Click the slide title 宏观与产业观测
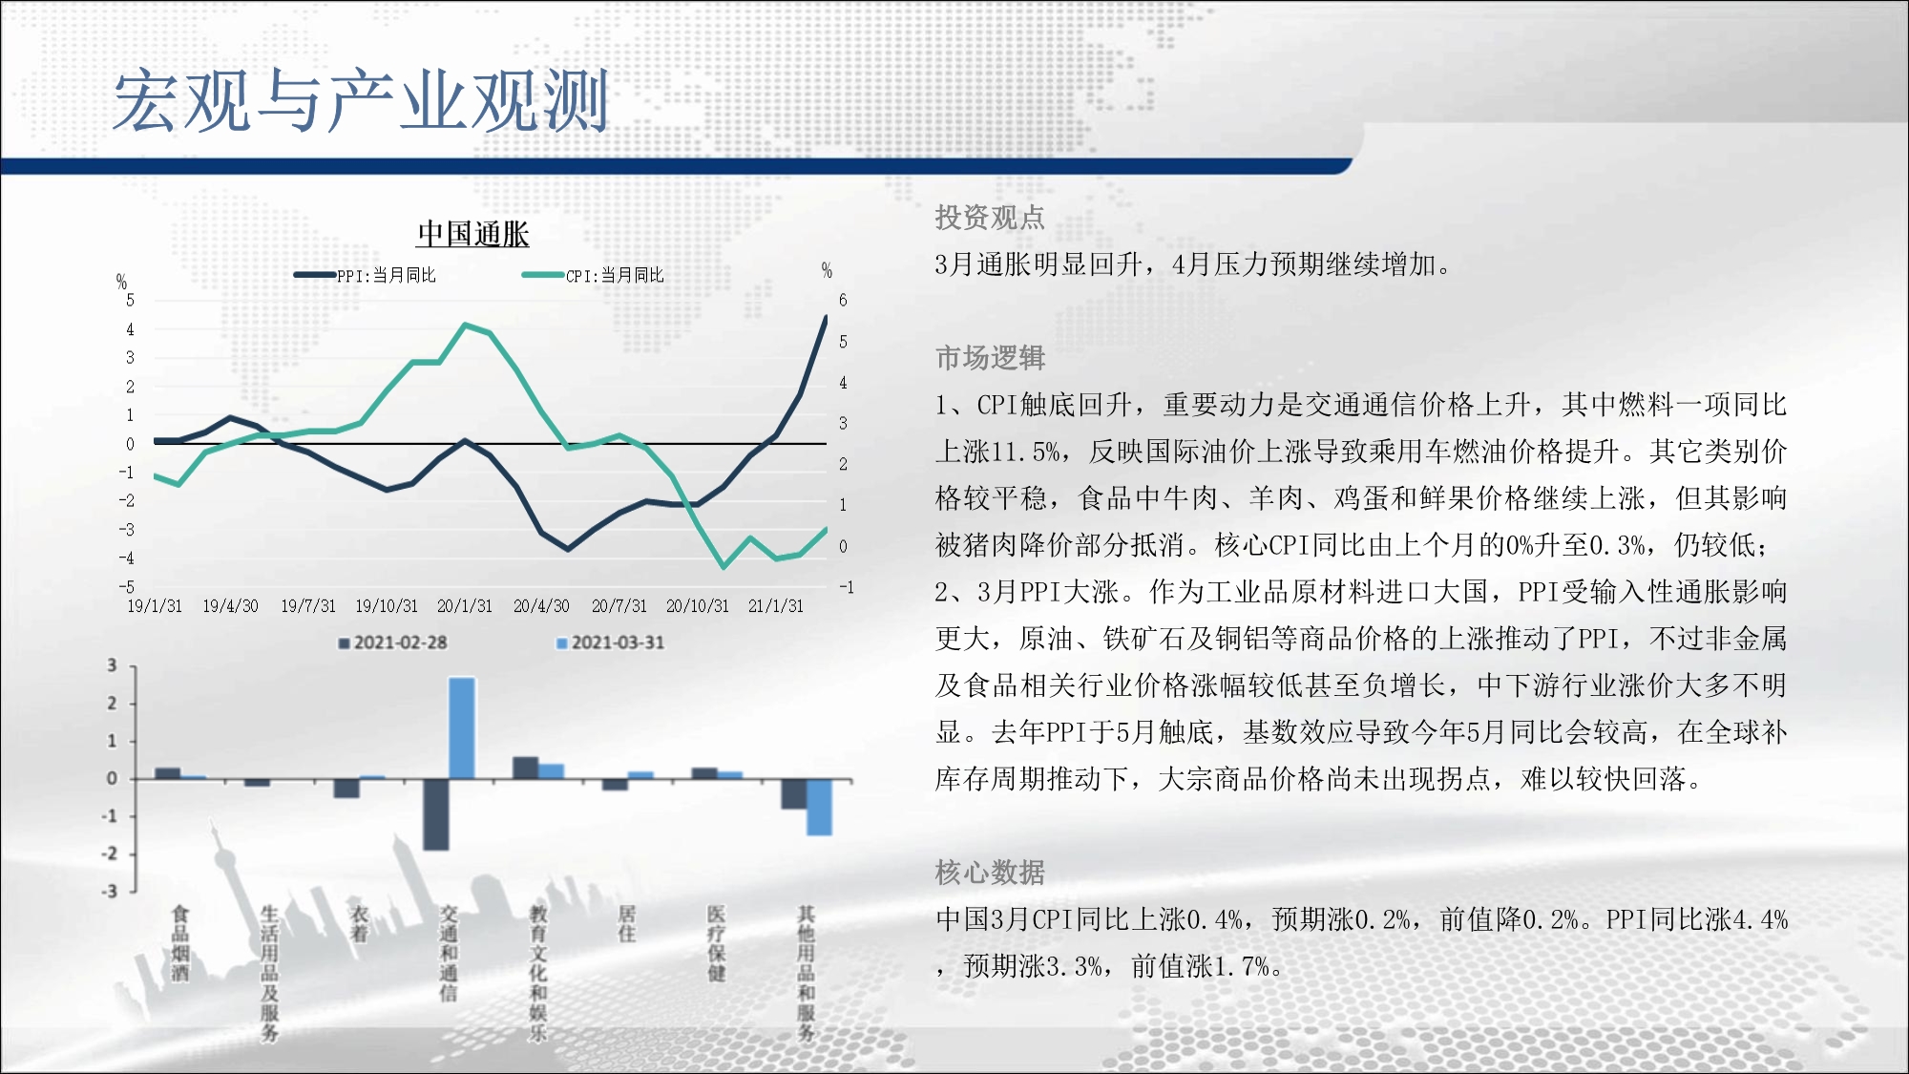361,100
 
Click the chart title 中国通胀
473,234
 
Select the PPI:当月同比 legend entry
365,275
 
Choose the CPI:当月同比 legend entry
593,275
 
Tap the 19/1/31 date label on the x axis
155,606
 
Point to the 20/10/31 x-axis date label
698,606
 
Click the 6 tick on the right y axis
843,300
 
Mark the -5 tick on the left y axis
127,586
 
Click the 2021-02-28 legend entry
393,642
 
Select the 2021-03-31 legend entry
611,642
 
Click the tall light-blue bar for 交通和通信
462,728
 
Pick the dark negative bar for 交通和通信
436,814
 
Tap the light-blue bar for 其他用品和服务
819,808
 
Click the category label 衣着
359,923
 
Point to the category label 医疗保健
716,943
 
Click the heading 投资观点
990,218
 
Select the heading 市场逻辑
990,358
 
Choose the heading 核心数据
990,873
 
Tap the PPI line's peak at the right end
826,318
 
